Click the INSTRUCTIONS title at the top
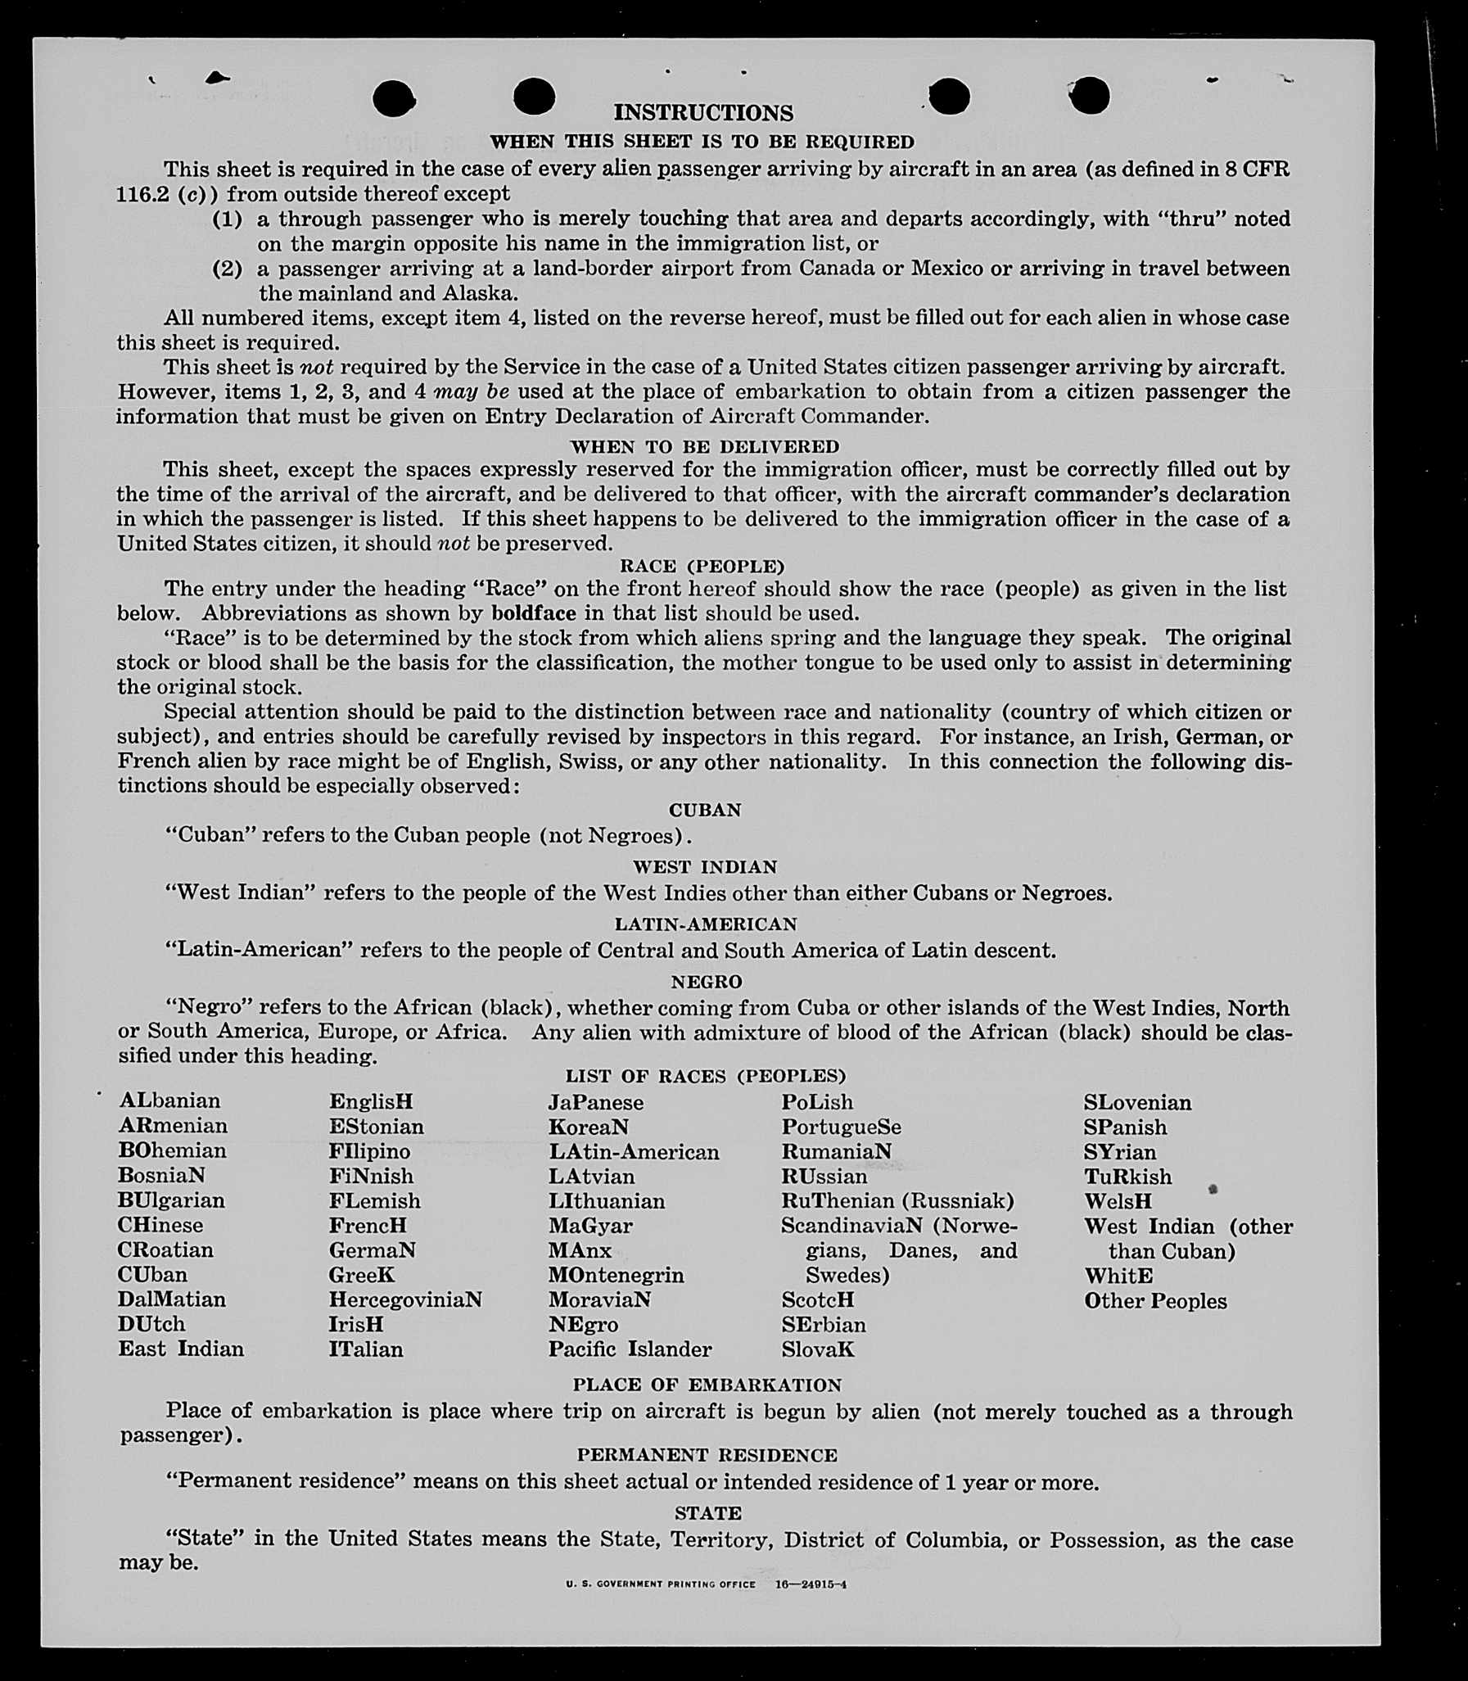click(703, 112)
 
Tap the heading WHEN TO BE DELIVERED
click(704, 446)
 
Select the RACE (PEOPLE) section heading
click(702, 566)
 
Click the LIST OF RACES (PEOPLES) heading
click(705, 1076)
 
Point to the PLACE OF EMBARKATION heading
click(707, 1385)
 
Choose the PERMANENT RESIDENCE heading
click(707, 1455)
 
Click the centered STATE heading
click(707, 1513)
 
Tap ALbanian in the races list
click(169, 1100)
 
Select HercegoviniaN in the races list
click(405, 1299)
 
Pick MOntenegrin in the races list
click(616, 1275)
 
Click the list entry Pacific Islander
click(630, 1349)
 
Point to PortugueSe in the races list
click(842, 1127)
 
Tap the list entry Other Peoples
click(1155, 1301)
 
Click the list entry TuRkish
click(1127, 1177)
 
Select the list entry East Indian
click(181, 1349)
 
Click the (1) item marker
click(227, 219)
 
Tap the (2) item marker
click(227, 269)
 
